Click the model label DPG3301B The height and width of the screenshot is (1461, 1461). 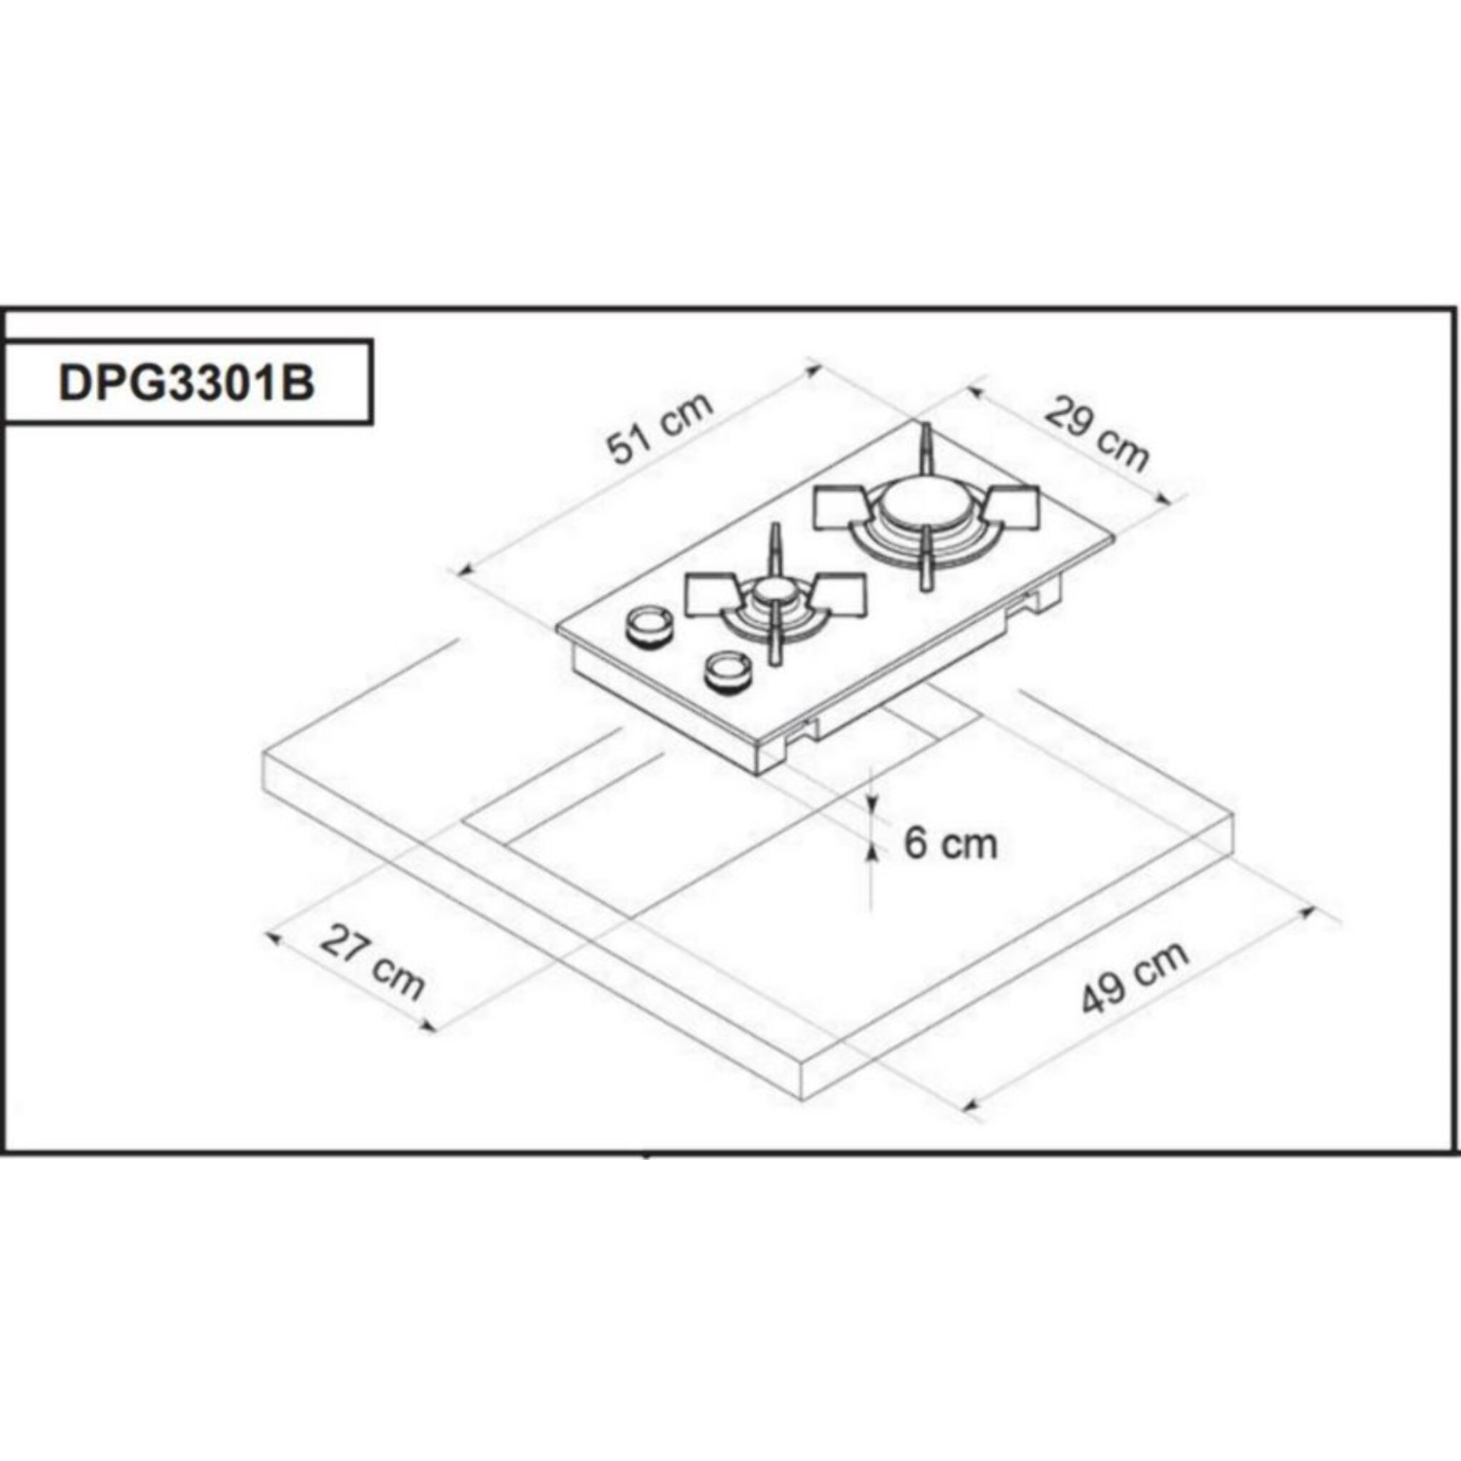coord(186,383)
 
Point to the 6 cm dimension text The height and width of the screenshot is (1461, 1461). coord(951,843)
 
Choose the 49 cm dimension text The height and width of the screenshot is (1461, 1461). coord(1134,977)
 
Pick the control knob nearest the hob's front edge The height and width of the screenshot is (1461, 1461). coord(728,670)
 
